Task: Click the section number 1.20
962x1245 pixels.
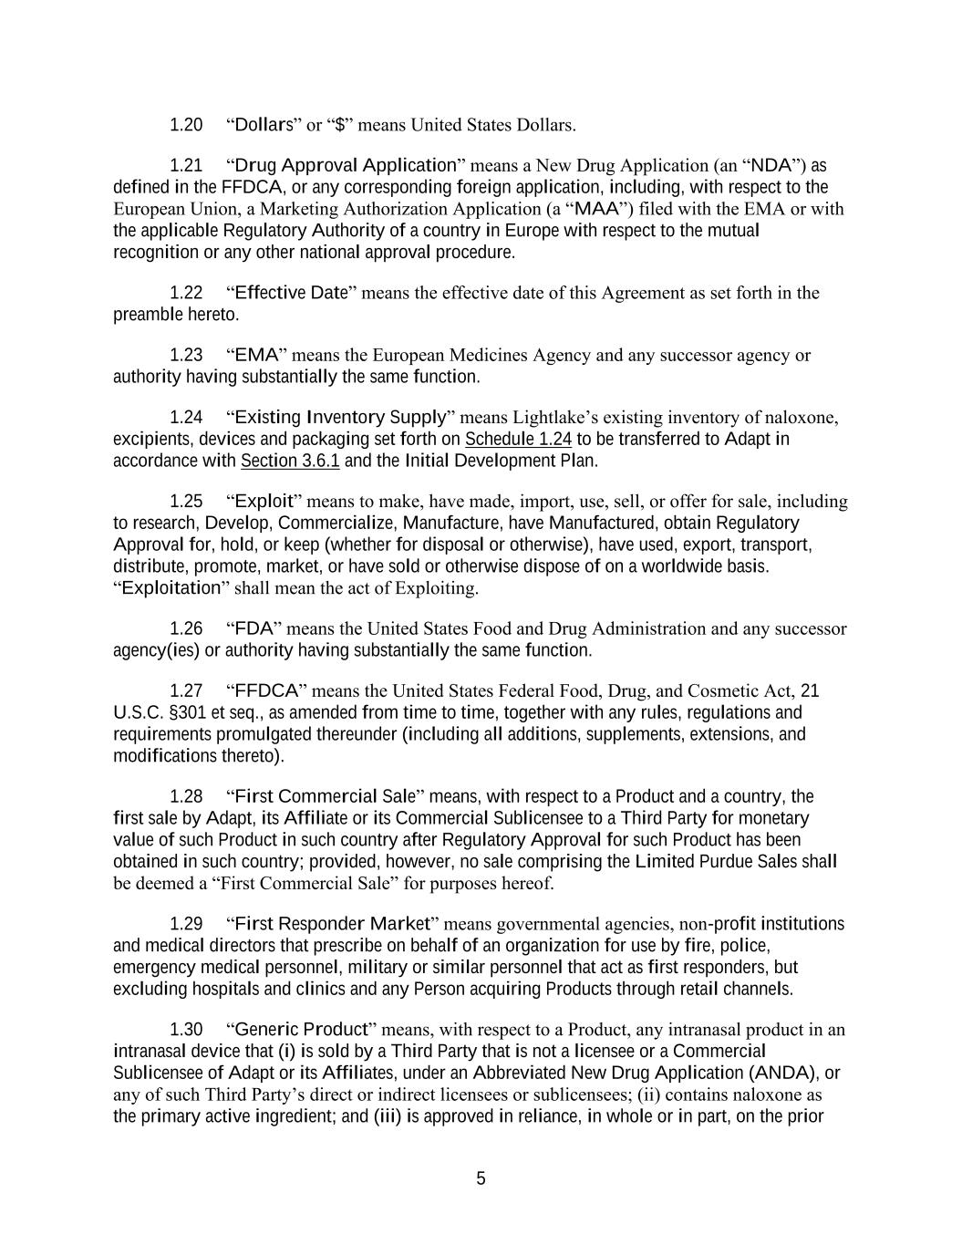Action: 186,124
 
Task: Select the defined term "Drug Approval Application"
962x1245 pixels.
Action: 346,165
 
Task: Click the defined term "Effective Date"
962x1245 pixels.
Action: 292,293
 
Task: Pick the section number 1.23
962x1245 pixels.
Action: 186,355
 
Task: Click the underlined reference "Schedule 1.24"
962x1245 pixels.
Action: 518,440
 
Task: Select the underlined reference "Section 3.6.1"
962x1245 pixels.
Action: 290,461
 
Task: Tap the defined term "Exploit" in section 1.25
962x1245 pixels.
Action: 264,501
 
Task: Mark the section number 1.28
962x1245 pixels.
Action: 186,796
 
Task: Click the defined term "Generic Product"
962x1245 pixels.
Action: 301,1030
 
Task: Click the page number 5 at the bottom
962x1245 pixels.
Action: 481,1178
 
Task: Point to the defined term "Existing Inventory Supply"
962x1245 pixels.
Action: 340,417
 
